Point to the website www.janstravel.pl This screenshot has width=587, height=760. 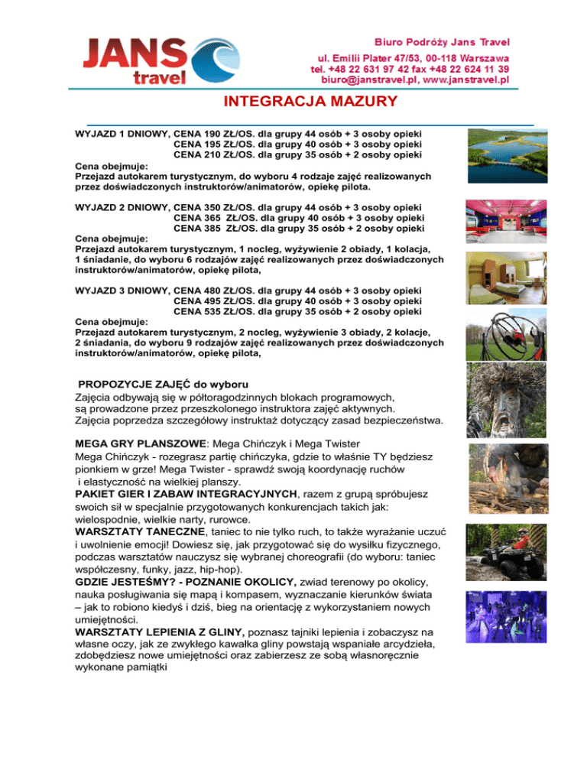(467, 79)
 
